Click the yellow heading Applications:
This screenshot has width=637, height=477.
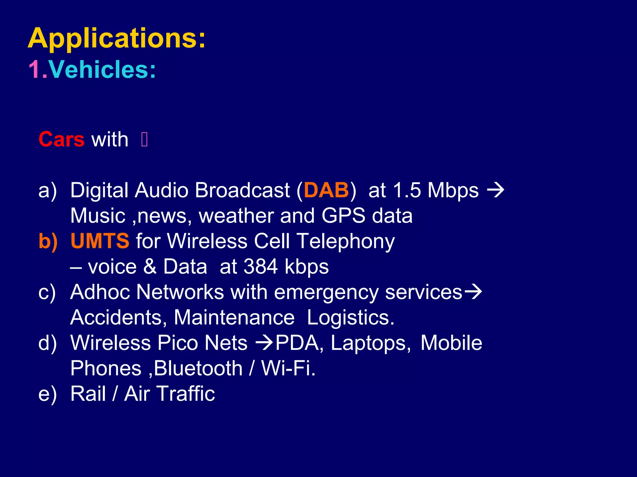[117, 39]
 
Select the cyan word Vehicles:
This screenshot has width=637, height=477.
[102, 70]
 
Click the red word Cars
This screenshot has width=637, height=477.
[61, 139]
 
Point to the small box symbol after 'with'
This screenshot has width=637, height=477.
[144, 139]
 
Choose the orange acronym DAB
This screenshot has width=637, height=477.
[326, 190]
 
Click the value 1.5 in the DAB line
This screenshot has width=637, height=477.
[407, 190]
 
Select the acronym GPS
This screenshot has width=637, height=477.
[343, 216]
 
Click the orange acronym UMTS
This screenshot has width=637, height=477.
[100, 241]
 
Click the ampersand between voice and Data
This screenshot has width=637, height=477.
[150, 266]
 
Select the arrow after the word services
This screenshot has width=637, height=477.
[473, 292]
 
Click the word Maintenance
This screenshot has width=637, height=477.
[234, 317]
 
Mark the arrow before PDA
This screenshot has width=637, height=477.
[264, 343]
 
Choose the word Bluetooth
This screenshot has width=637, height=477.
[198, 368]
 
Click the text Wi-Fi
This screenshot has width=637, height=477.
[288, 368]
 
